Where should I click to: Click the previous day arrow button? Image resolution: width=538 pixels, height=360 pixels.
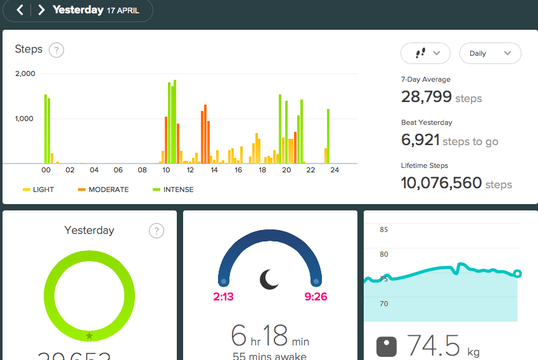click(x=20, y=10)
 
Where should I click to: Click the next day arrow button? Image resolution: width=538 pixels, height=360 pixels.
click(x=41, y=10)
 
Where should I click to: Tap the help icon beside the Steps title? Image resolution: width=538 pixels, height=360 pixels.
click(x=56, y=50)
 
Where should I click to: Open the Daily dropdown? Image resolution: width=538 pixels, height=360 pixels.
click(x=490, y=53)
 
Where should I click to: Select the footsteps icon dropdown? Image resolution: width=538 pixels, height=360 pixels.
click(x=425, y=53)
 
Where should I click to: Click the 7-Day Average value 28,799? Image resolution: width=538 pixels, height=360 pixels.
click(x=426, y=97)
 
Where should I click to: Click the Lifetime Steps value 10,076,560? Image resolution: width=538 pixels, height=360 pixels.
click(x=442, y=183)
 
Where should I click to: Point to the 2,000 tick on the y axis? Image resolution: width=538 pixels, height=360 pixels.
click(x=25, y=74)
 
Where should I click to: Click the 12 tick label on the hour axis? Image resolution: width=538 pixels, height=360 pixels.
click(x=190, y=170)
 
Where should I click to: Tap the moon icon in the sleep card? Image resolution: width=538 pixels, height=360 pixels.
click(x=269, y=279)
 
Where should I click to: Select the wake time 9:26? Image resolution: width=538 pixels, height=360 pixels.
click(x=315, y=296)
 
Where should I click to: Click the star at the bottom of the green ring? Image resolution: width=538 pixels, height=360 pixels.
click(x=89, y=336)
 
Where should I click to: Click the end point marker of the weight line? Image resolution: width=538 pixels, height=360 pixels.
click(x=517, y=274)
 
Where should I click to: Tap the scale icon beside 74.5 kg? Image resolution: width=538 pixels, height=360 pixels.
click(x=386, y=347)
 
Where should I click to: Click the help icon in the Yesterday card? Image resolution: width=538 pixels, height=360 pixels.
click(x=156, y=231)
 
